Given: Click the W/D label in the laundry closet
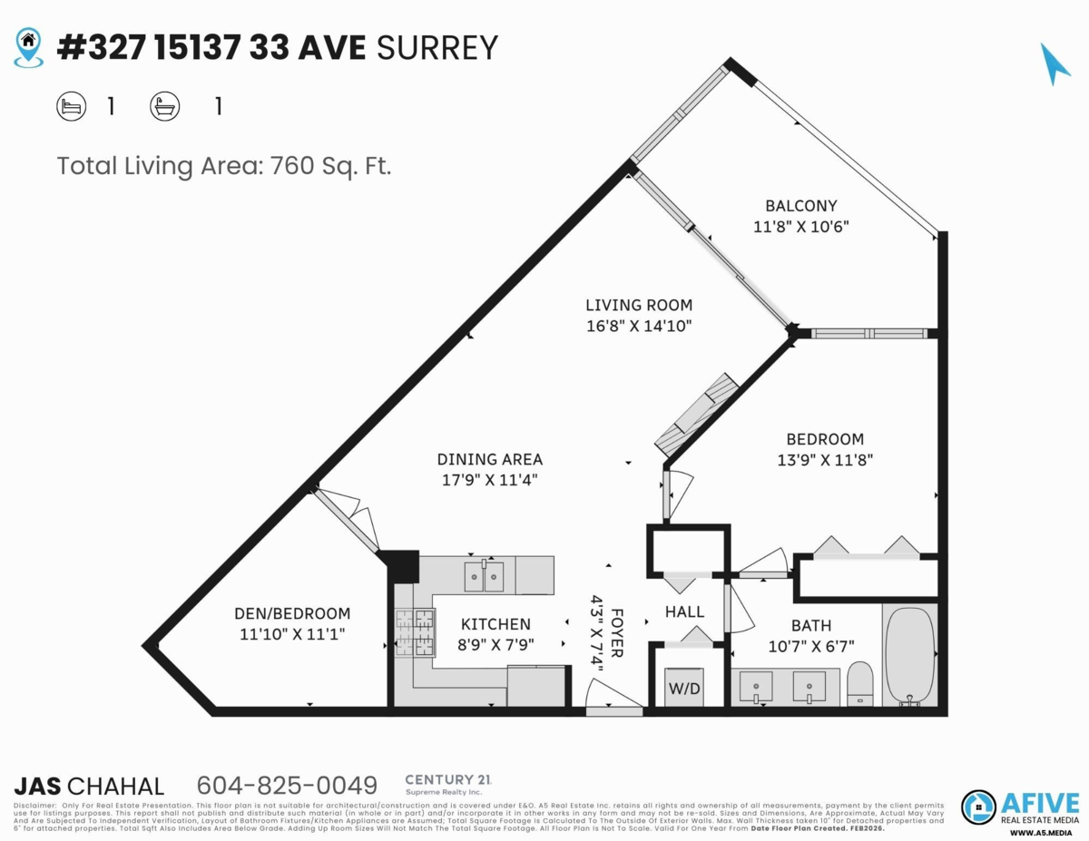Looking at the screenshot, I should (x=685, y=688).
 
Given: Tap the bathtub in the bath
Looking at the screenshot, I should (x=910, y=655).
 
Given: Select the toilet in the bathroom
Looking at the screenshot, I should (x=859, y=682).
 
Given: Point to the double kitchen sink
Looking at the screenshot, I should (x=484, y=576).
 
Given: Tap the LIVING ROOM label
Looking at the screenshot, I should (x=639, y=306).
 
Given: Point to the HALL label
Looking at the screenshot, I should (x=684, y=612).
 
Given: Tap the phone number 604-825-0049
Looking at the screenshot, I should (x=287, y=785).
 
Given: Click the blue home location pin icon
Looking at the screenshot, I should (x=29, y=46).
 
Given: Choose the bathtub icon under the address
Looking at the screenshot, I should (x=164, y=107).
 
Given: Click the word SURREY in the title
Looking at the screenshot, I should (x=437, y=47).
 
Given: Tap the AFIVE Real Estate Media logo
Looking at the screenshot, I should (x=1020, y=807).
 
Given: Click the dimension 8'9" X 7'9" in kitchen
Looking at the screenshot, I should (x=495, y=646).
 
